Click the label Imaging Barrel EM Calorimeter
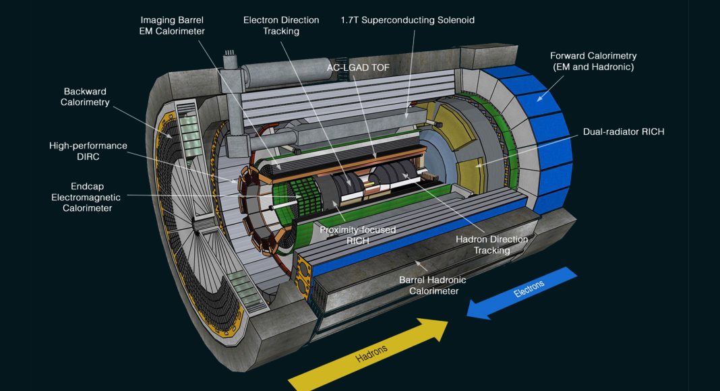pos(172,26)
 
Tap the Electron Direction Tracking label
pos(281,26)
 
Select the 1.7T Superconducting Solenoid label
pos(408,20)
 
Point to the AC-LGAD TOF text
pos(358,67)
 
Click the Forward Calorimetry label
pos(593,61)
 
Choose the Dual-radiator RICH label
pos(624,131)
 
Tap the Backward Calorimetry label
pos(85,97)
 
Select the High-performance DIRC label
pos(88,151)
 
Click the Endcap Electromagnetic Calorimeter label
pos(87,197)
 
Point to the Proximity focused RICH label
pos(358,235)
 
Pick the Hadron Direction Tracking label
pos(491,245)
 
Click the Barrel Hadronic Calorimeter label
pos(433,285)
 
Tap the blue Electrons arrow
pos(522,293)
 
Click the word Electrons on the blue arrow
pos(529,289)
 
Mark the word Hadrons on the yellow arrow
pos(371,353)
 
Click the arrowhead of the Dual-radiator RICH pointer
pos(478,164)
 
